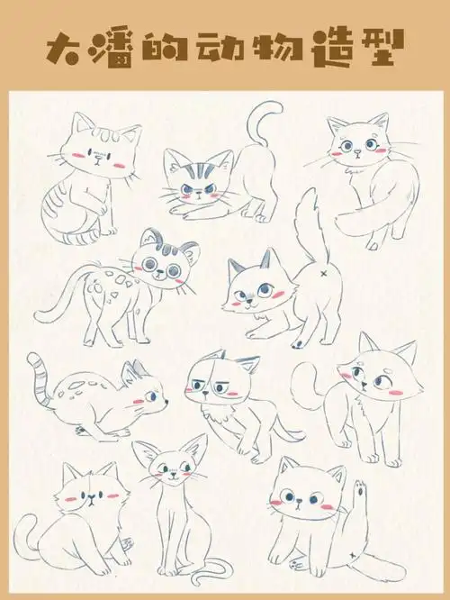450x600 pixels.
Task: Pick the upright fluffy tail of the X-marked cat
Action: [x=306, y=221]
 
